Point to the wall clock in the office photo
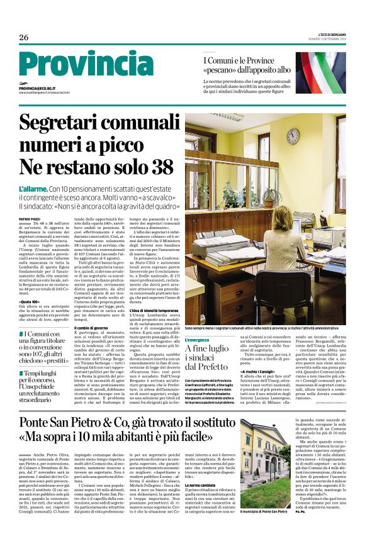pyautogui.click(x=293, y=136)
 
